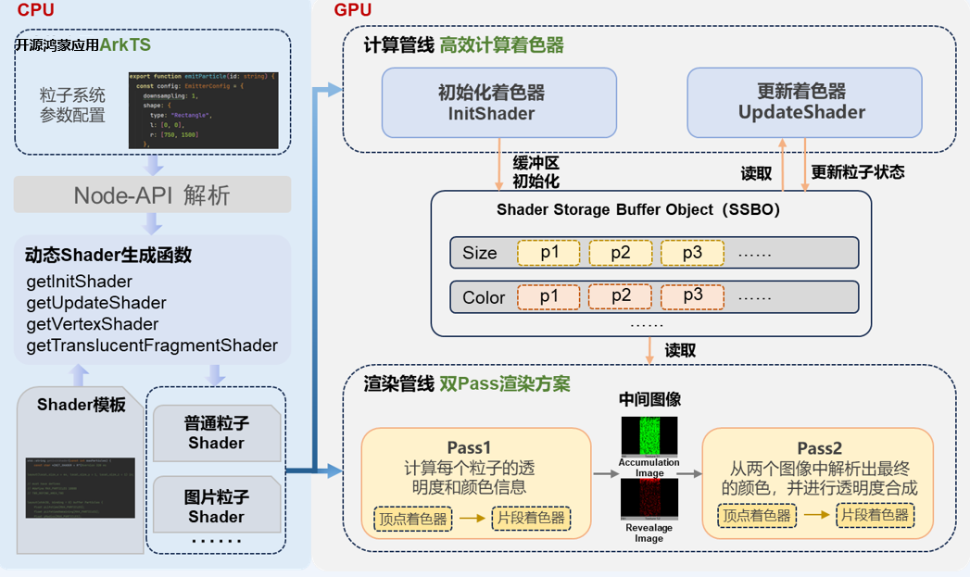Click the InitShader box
pyautogui.click(x=499, y=102)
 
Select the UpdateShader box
pyautogui.click(x=802, y=102)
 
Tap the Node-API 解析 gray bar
pyautogui.click(x=152, y=195)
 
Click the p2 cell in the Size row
pyautogui.click(x=621, y=253)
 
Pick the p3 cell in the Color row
pyautogui.click(x=693, y=296)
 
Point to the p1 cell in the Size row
pyautogui.click(x=548, y=253)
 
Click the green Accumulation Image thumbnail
pyautogui.click(x=649, y=435)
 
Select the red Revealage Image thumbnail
pyautogui.click(x=649, y=500)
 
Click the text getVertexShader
pyautogui.click(x=92, y=324)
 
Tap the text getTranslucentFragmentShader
pyautogui.click(x=152, y=345)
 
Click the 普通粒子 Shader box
pyautogui.click(x=216, y=433)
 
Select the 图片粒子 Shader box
pyautogui.click(x=216, y=507)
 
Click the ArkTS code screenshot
pyautogui.click(x=204, y=109)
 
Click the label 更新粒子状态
pyautogui.click(x=857, y=171)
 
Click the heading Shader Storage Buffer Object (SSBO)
pyautogui.click(x=638, y=210)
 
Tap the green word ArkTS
pyautogui.click(x=126, y=44)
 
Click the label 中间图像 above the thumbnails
pyautogui.click(x=649, y=400)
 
